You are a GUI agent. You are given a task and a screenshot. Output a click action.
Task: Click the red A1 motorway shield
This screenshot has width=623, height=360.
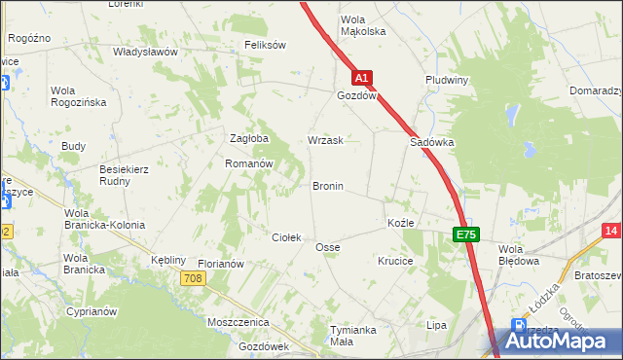(361, 77)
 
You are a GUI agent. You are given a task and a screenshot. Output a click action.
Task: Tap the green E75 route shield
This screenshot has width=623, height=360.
(465, 234)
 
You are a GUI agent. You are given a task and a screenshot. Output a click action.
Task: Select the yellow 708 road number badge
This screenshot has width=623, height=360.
(193, 279)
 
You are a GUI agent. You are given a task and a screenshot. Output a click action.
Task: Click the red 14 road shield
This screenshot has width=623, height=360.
(611, 230)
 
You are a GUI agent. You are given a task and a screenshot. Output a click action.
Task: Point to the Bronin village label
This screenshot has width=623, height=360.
(327, 185)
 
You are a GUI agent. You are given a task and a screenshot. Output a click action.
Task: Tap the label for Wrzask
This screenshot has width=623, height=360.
(325, 140)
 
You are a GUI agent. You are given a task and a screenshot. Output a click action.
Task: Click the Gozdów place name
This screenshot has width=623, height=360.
(356, 97)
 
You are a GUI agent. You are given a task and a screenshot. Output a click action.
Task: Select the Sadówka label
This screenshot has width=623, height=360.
(431, 141)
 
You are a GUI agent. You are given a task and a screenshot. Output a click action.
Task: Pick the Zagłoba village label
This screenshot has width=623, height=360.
(248, 138)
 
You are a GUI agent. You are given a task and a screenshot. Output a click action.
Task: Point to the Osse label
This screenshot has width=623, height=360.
(327, 247)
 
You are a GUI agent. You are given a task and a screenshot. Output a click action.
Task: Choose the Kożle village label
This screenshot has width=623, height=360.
(401, 223)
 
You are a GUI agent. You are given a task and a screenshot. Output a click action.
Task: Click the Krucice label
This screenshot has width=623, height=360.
(396, 261)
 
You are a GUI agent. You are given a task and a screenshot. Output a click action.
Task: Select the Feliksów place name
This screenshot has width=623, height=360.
(265, 45)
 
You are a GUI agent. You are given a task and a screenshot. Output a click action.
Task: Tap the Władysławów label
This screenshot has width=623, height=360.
(145, 52)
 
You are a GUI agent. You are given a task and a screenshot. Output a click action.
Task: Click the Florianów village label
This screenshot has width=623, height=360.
(220, 264)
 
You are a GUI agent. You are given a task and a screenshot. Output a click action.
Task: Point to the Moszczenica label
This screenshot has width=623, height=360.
(238, 321)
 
